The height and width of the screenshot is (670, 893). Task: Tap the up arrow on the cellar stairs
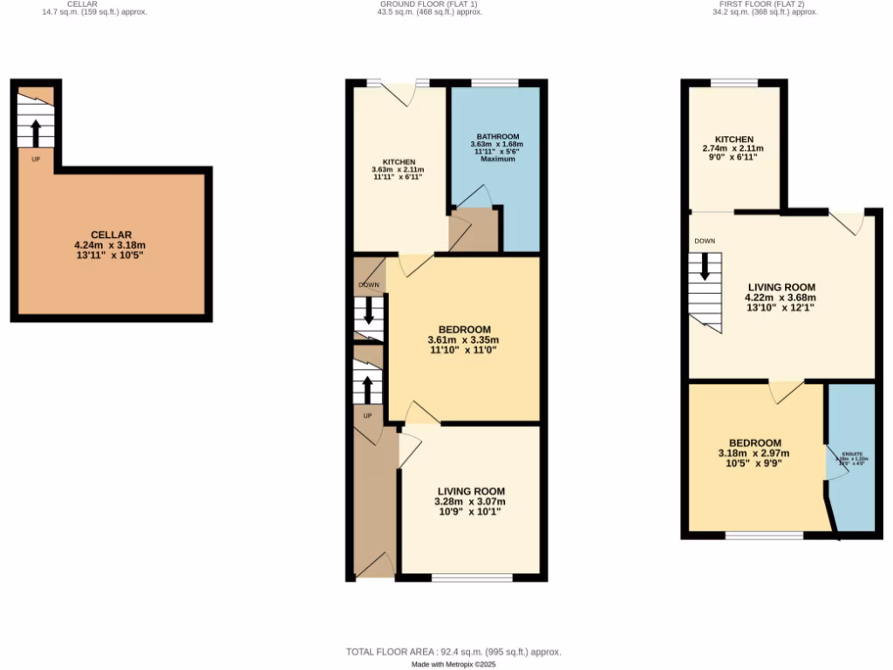pyautogui.click(x=36, y=133)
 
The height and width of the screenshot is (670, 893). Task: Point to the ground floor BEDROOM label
pyautogui.click(x=464, y=329)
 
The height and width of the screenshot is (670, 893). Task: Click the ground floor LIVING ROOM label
pyautogui.click(x=470, y=491)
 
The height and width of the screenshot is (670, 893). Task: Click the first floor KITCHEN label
pyautogui.click(x=733, y=140)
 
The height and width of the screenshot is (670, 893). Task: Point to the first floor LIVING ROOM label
pyautogui.click(x=781, y=287)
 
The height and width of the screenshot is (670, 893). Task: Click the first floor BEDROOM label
pyautogui.click(x=749, y=443)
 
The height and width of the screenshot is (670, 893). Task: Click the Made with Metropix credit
pyautogui.click(x=453, y=664)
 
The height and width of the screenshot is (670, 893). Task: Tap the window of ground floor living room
pyautogui.click(x=472, y=578)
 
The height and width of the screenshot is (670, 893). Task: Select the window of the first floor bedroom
pyautogui.click(x=765, y=535)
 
